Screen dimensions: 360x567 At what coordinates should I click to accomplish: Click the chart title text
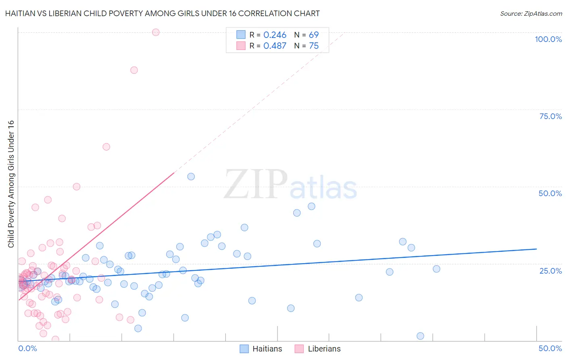(x=162, y=13)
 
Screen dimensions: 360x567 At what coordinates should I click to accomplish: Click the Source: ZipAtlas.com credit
(x=531, y=13)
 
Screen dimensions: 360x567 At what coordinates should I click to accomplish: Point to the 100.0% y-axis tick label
(x=548, y=39)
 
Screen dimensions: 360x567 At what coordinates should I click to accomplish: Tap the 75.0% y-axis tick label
(x=550, y=116)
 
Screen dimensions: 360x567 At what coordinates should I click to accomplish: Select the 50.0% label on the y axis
(x=550, y=193)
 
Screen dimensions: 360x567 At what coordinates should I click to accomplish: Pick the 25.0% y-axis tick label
(x=550, y=271)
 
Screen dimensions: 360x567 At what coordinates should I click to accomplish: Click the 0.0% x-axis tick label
(x=27, y=348)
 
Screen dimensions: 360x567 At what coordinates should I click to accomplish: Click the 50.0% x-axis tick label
(x=550, y=348)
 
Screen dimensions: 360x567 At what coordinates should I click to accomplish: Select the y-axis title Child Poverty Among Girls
(x=11, y=184)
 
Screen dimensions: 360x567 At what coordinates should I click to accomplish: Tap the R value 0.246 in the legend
(x=275, y=35)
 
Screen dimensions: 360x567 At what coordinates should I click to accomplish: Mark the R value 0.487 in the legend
(x=275, y=46)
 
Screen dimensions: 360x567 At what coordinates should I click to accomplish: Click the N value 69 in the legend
(x=314, y=35)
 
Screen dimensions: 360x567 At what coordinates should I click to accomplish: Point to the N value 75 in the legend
(x=314, y=46)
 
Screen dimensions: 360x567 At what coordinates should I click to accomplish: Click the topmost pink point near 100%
(x=156, y=32)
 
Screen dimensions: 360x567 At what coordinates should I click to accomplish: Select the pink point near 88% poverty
(x=134, y=70)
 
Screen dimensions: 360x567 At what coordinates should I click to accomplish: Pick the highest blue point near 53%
(x=191, y=176)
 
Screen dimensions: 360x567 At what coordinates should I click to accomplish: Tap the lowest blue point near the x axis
(x=420, y=336)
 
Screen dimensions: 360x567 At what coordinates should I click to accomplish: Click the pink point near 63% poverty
(x=106, y=147)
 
